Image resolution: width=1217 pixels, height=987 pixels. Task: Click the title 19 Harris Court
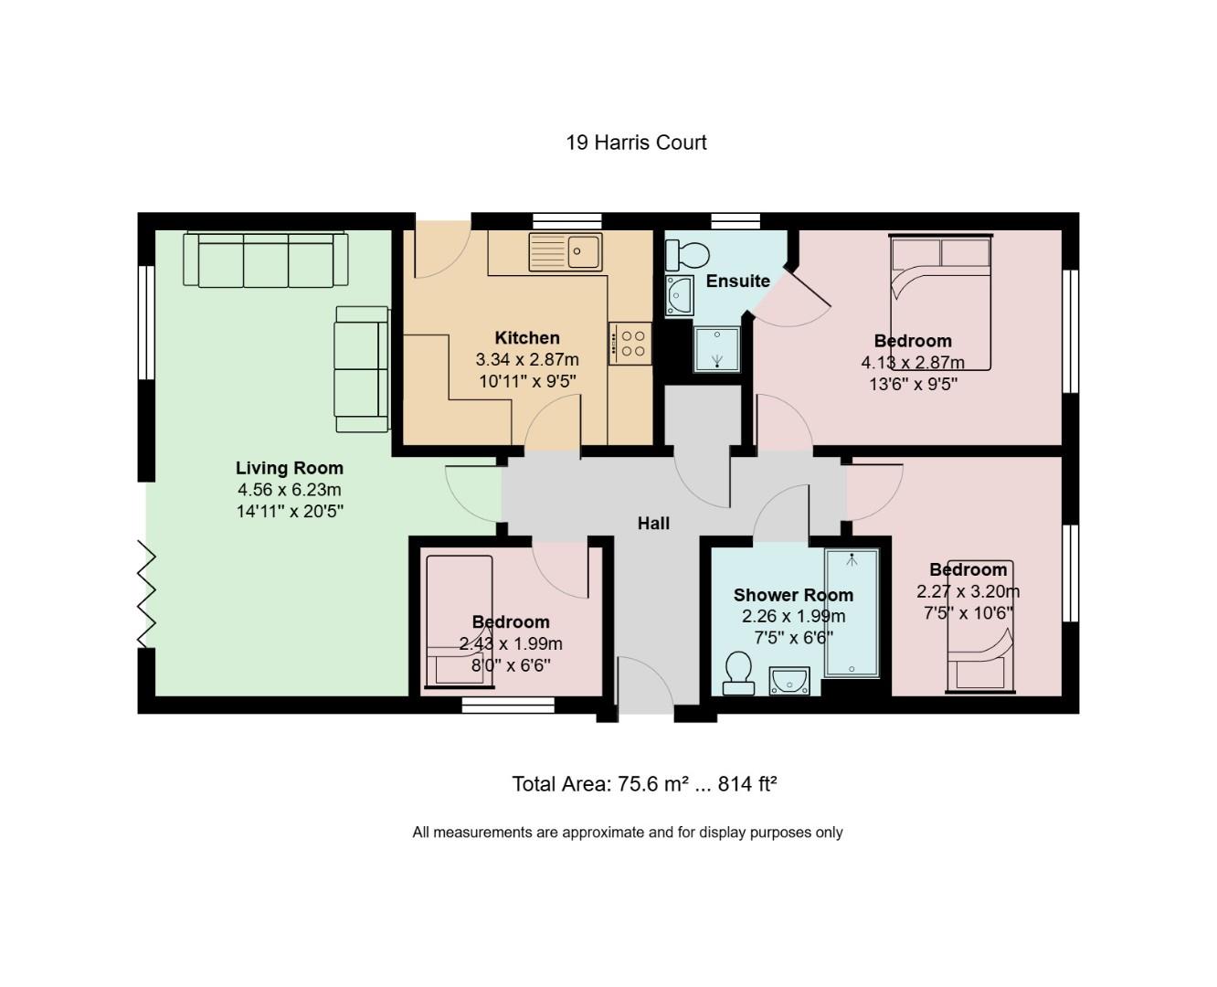click(636, 143)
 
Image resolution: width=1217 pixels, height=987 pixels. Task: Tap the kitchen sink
click(565, 251)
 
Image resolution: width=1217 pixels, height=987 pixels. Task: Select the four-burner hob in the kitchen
click(630, 344)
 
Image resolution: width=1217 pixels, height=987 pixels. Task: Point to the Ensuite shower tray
click(718, 349)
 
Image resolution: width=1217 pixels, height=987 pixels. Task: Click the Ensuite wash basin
click(679, 295)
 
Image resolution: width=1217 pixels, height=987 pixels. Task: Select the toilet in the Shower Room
click(736, 674)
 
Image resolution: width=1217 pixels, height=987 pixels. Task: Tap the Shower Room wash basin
click(788, 680)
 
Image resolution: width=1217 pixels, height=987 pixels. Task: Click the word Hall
click(653, 524)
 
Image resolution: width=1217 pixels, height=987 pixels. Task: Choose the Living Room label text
click(289, 468)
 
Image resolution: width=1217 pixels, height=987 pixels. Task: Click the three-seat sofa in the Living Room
click(266, 260)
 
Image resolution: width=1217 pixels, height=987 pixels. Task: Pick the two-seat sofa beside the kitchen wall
click(362, 368)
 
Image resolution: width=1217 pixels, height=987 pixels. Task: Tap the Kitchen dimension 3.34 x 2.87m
click(527, 360)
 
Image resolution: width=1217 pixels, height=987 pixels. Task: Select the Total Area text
click(644, 784)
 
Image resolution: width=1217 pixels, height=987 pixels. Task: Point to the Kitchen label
click(527, 338)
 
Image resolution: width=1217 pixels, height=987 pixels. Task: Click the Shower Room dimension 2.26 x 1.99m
click(793, 616)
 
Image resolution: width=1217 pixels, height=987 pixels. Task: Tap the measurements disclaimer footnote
click(627, 833)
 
